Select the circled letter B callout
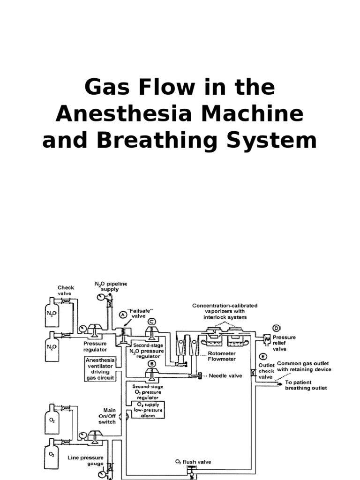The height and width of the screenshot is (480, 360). [151, 363]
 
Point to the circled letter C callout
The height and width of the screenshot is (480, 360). [151, 322]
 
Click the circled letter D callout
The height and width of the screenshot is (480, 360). [277, 328]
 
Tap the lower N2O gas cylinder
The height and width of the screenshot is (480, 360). [52, 347]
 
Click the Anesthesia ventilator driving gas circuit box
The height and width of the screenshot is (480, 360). [100, 368]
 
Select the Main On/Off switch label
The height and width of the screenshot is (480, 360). [106, 416]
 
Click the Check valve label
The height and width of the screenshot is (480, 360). [66, 291]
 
